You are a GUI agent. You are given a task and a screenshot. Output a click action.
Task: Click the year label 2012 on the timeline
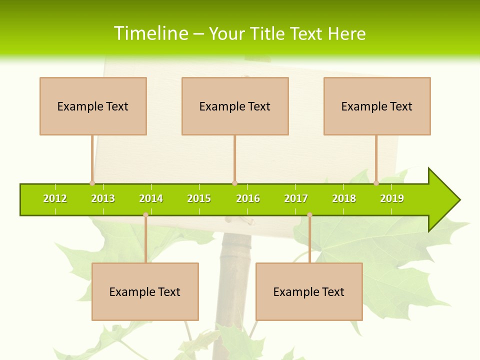pos(55,199)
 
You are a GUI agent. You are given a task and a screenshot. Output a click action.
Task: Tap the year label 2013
pos(103,199)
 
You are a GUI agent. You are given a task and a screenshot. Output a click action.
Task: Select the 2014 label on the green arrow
pos(151,199)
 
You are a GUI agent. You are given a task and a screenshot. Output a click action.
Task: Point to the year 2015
pos(199,199)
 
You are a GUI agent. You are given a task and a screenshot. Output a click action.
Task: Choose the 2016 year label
pos(248,199)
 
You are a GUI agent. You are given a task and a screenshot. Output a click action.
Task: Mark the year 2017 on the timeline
pos(296,199)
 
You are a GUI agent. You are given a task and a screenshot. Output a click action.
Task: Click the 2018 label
pos(344,199)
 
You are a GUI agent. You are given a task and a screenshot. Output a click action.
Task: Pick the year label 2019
pos(392,199)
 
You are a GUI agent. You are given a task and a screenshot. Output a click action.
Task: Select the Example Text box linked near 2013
pos(93,106)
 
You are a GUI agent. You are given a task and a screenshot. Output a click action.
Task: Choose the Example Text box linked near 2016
pos(235,106)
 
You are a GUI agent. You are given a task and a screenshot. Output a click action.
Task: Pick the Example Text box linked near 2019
pos(377,106)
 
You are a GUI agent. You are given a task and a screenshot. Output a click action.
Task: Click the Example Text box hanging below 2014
pos(145,291)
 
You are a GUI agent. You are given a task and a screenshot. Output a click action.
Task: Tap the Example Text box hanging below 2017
pos(309,291)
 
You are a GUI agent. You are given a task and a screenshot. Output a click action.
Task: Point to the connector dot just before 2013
pos(92,183)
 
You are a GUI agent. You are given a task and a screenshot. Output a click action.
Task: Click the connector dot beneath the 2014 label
pos(145,215)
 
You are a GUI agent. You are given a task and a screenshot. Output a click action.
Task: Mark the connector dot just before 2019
pos(376,183)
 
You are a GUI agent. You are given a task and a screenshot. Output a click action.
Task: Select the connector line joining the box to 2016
pos(234,159)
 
